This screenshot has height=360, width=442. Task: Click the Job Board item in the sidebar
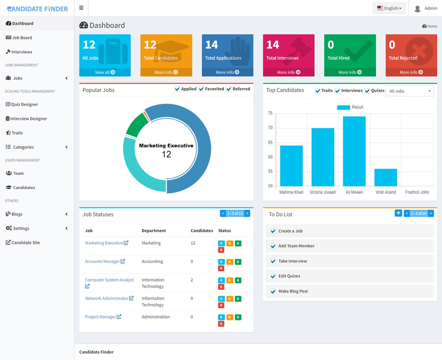(22, 38)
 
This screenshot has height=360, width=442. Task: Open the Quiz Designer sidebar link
(24, 104)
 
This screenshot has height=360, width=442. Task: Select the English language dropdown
(389, 8)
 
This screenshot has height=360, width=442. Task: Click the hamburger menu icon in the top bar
(81, 8)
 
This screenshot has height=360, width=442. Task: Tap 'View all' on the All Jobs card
(105, 72)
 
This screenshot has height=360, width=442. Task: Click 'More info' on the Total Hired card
(350, 72)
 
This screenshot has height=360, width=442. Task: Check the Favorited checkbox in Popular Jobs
(202, 89)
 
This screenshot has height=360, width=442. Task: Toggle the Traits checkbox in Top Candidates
(318, 91)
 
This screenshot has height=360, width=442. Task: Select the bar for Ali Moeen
(354, 151)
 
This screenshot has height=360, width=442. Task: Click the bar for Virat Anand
(385, 177)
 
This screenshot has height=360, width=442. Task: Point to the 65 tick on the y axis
(270, 142)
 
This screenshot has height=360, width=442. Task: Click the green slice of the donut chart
(136, 125)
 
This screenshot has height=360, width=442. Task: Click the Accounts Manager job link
(102, 262)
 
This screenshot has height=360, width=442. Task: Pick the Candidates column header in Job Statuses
(202, 231)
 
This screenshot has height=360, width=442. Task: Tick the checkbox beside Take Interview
(273, 261)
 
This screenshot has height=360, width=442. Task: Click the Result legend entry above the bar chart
(350, 107)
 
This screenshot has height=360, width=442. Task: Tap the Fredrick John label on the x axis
(417, 192)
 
